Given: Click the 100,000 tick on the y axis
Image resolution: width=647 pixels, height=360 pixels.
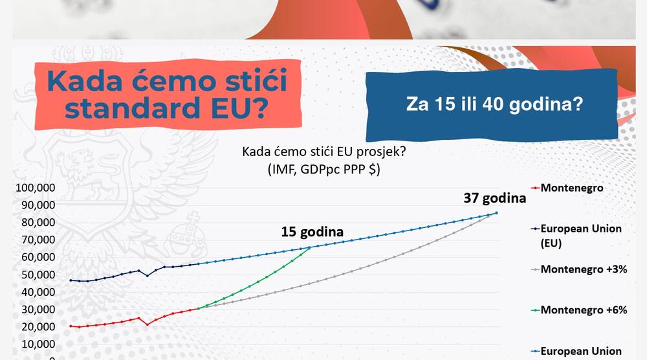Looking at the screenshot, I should click(x=36, y=188).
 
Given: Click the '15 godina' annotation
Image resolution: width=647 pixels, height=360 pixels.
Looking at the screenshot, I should click(x=312, y=231).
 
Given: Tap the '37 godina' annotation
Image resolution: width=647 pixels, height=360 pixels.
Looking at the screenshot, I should click(x=494, y=198).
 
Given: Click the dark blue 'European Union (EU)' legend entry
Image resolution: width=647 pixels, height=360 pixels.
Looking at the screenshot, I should click(x=580, y=235).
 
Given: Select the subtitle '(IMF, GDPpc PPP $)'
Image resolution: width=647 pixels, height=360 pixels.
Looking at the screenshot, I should click(x=323, y=169).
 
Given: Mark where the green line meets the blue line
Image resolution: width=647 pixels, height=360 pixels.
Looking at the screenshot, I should click(x=309, y=247).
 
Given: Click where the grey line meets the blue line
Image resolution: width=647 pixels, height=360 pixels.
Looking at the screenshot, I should click(x=496, y=212).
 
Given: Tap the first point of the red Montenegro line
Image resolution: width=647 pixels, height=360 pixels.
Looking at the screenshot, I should click(x=71, y=326).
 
